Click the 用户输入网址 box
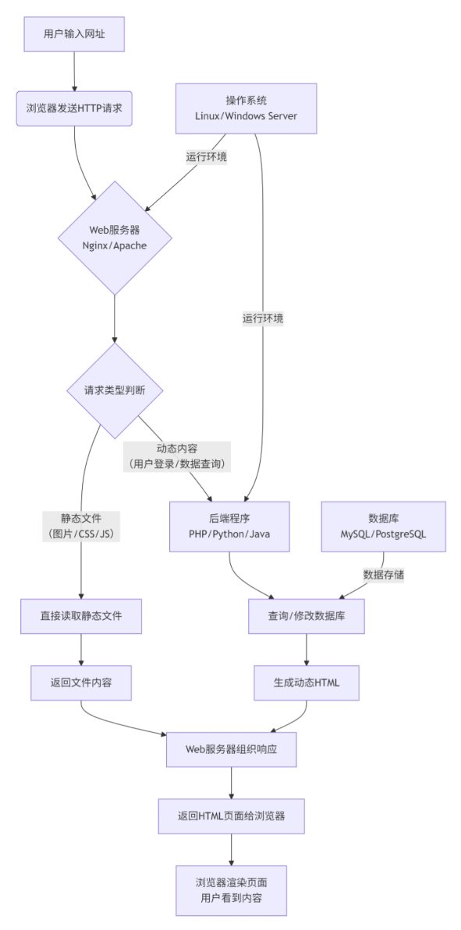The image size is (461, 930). pos(74,34)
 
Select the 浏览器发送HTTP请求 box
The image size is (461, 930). pos(74,108)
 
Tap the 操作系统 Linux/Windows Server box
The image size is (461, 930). pos(246,108)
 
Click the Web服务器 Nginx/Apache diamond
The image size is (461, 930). pos(115,238)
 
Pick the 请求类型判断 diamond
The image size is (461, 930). pos(115,391)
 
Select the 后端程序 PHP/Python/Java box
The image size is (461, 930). pos(229,526)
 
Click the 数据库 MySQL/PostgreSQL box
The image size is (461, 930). pos(383,526)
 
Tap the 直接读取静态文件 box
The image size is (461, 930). pos(81,616)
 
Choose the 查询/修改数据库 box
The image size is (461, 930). pos(306,616)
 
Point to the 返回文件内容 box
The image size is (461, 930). pos(81,683)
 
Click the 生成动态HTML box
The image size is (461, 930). pos(306,683)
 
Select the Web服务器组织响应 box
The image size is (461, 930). pos(231,749)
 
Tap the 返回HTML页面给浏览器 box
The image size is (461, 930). pos(231,816)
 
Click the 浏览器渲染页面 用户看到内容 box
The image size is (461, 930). pos(231,889)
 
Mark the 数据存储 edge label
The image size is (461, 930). pos(383,574)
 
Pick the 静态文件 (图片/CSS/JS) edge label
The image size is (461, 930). pos(80,526)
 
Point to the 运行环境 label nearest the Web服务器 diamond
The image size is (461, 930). pos(206,156)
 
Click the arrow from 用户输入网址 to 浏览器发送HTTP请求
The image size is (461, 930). pos(74,72)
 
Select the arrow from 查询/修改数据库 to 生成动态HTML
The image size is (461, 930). pos(306,650)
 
